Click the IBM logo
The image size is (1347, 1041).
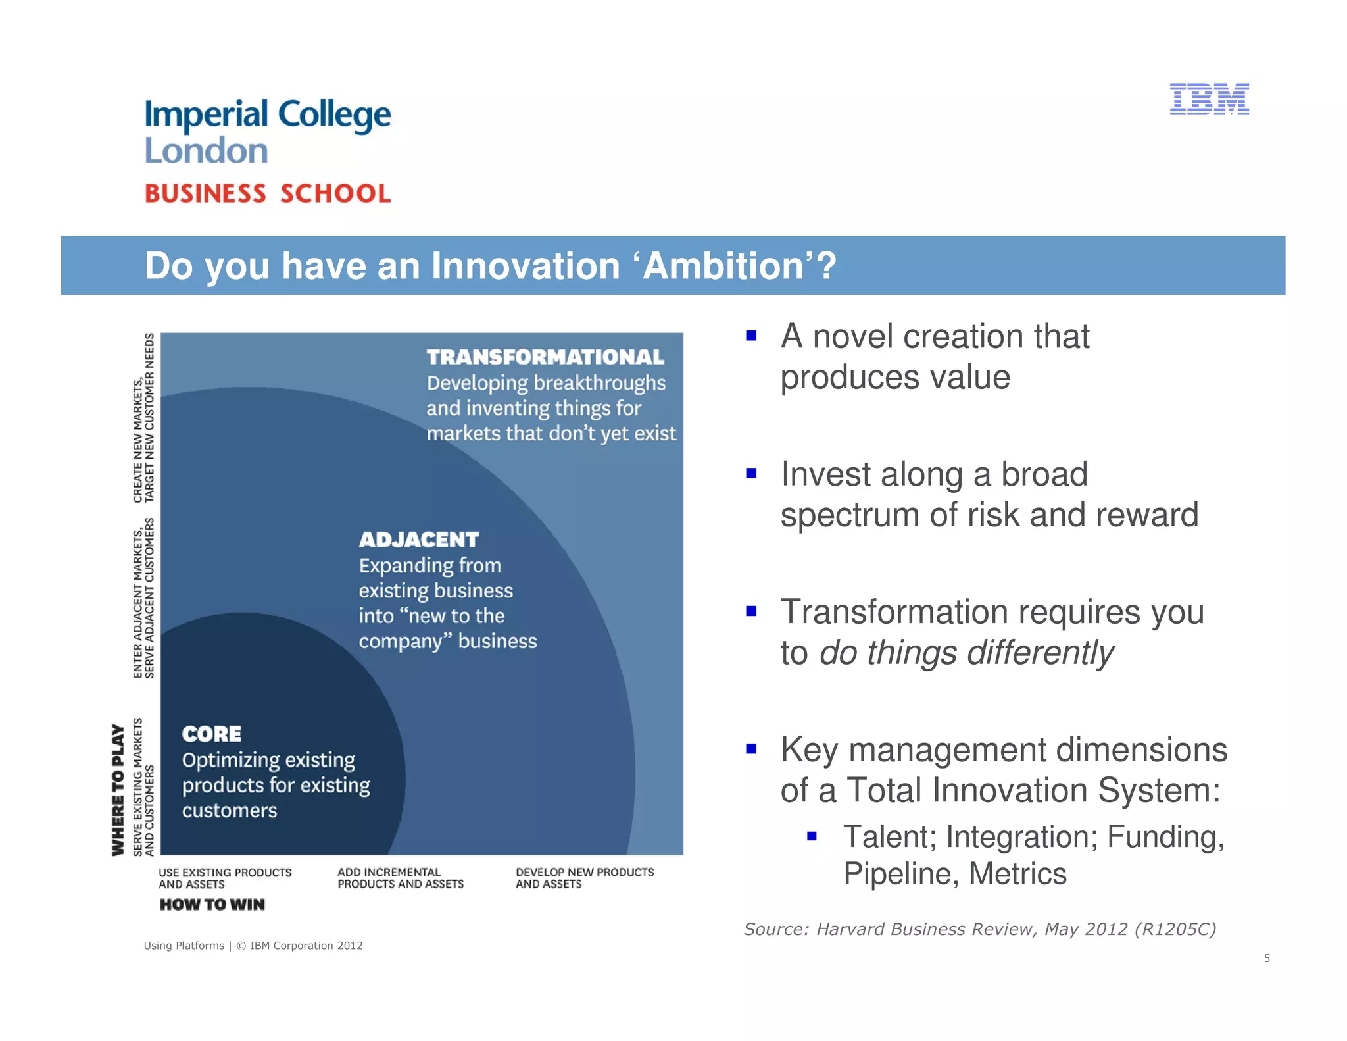tap(1209, 99)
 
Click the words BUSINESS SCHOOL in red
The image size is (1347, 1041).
tap(268, 193)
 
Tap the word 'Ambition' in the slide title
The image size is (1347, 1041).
tap(723, 266)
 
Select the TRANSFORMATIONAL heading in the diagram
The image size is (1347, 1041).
tap(545, 357)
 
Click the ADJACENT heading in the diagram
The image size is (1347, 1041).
tap(419, 540)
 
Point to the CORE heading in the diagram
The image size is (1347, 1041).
tap(212, 734)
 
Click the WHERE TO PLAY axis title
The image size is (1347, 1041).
tap(118, 790)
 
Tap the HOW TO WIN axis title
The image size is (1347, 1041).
tap(212, 905)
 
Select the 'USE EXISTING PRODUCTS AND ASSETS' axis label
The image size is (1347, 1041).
tap(224, 878)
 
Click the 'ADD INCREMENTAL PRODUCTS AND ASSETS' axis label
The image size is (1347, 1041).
tap(400, 878)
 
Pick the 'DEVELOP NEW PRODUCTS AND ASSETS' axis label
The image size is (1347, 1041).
tap(584, 878)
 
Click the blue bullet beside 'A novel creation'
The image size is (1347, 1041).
tap(751, 336)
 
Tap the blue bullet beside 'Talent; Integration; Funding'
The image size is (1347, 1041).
tap(812, 836)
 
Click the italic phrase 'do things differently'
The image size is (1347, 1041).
tap(966, 653)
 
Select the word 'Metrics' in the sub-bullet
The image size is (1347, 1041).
tap(1017, 874)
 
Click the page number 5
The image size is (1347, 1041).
tap(1267, 958)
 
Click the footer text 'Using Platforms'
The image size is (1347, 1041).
tap(184, 946)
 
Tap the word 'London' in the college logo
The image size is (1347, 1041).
tap(206, 151)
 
